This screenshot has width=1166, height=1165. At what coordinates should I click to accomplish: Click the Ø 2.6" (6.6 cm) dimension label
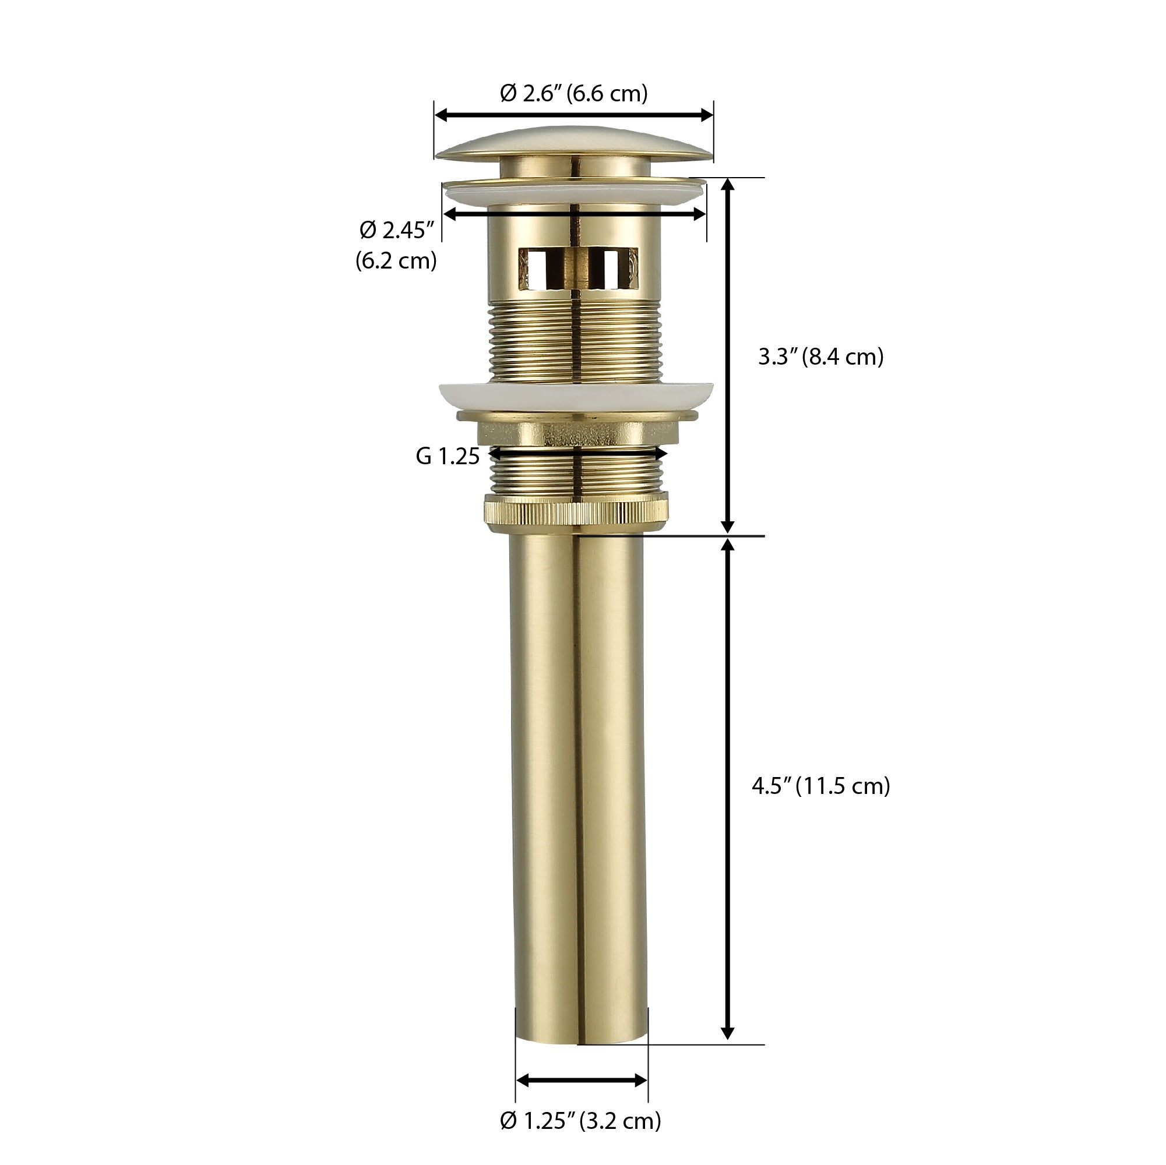(573, 94)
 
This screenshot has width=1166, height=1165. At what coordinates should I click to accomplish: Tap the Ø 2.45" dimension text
(396, 230)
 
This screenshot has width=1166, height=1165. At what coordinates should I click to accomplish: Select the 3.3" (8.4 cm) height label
(821, 356)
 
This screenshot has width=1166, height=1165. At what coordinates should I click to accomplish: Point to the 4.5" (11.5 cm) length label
(821, 786)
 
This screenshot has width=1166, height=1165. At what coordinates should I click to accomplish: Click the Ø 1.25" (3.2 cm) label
(580, 1120)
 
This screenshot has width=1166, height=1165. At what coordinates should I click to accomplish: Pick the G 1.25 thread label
(447, 456)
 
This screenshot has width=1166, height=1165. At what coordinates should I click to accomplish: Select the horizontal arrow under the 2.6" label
(573, 115)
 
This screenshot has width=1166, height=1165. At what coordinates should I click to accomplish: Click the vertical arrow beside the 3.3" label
(728, 356)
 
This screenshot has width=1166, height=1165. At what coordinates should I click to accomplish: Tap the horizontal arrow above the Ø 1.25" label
(582, 1081)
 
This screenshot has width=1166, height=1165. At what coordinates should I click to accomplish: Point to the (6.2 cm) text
(396, 260)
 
